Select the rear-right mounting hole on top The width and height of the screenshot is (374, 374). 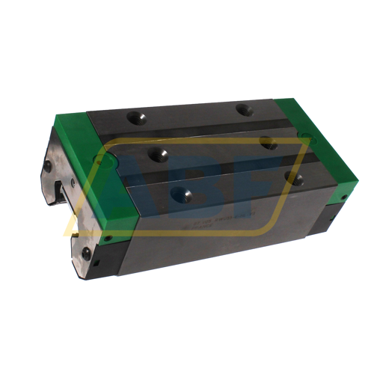(x=243, y=110)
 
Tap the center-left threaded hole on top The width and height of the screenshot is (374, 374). (x=159, y=154)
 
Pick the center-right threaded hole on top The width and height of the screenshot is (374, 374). (x=268, y=142)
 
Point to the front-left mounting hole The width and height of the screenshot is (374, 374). (x=180, y=194)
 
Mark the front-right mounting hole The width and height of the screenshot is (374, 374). (x=295, y=178)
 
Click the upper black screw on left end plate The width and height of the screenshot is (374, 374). (x=48, y=167)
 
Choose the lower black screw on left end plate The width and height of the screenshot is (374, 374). (x=86, y=254)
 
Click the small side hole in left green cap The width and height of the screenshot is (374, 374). (x=108, y=239)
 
